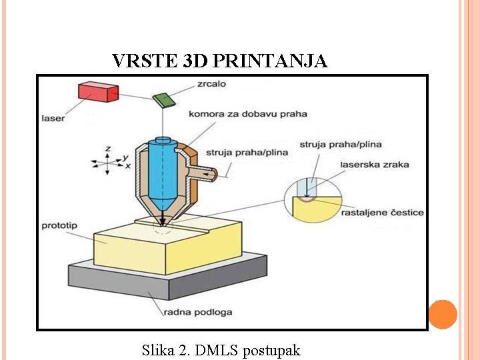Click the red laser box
point(97,92)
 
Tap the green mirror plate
point(163,100)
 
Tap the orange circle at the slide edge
point(443,314)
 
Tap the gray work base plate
point(167,281)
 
